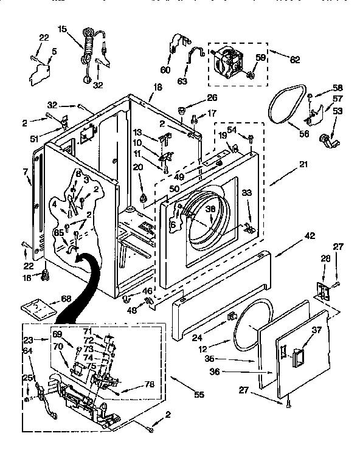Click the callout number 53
click(x=337, y=111)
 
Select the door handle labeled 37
click(x=298, y=355)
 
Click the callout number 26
click(x=212, y=98)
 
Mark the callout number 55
click(x=182, y=395)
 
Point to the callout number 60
click(x=165, y=69)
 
